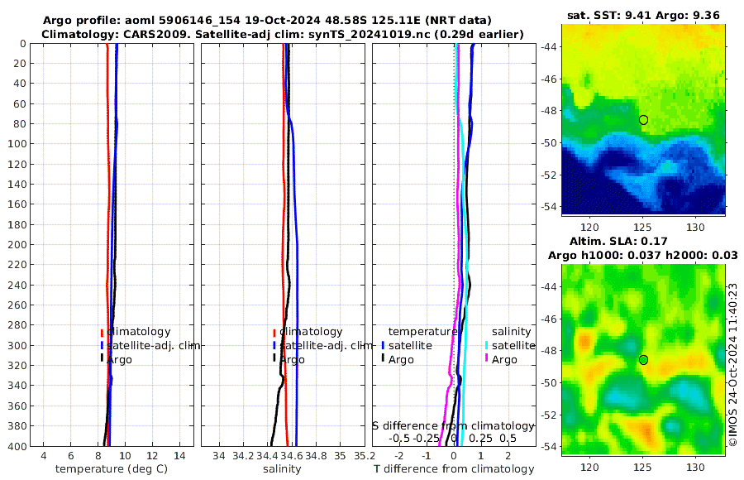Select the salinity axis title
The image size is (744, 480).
(282, 469)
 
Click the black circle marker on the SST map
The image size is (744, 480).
(643, 120)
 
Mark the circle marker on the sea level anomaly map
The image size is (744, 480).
(643, 360)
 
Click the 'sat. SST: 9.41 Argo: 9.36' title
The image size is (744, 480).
(644, 15)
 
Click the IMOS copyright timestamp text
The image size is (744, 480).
(732, 365)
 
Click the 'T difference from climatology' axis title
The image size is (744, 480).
(454, 469)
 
